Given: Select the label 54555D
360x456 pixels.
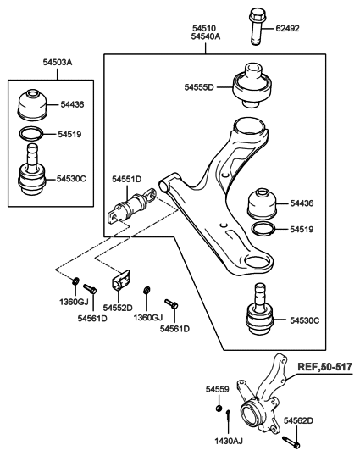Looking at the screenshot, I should tap(199, 86).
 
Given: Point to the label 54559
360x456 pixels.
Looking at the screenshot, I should tap(217, 389).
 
